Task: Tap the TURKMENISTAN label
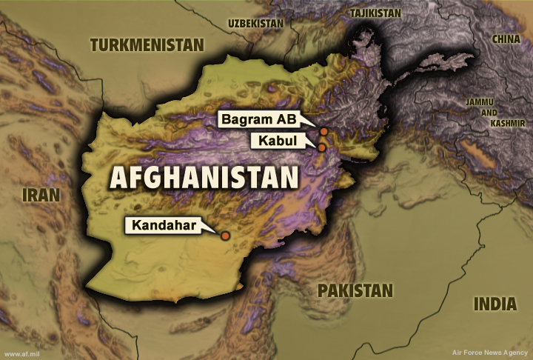[x=147, y=46]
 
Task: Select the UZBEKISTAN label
[x=256, y=24]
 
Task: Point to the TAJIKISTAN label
[x=375, y=13]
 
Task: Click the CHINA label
[x=506, y=39]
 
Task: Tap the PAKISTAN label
[x=355, y=290]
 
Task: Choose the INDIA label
[x=495, y=304]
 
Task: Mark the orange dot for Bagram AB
[x=324, y=131]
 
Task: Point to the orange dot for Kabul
[x=322, y=147]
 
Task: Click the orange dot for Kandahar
[x=225, y=236]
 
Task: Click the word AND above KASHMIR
[x=489, y=113]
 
